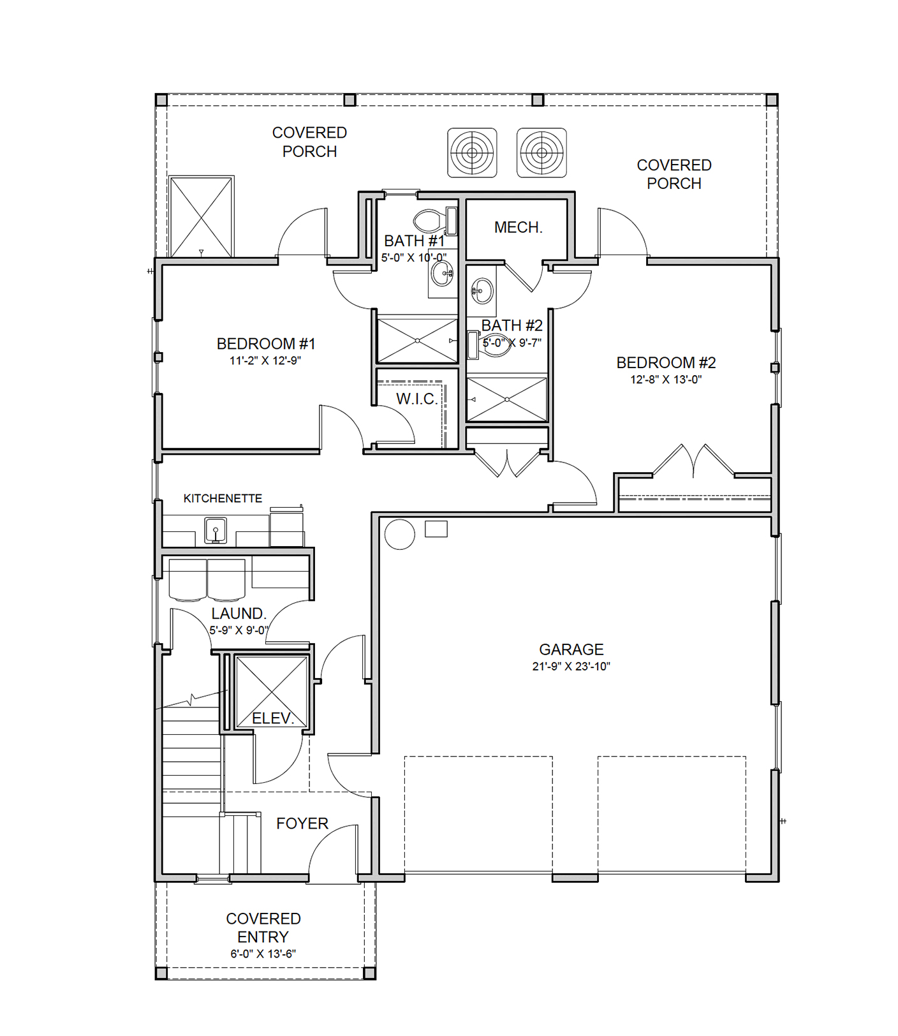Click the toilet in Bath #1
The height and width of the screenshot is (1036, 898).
pyautogui.click(x=436, y=221)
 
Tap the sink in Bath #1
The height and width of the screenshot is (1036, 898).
pyautogui.click(x=442, y=274)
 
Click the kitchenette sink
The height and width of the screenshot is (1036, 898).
pyautogui.click(x=216, y=530)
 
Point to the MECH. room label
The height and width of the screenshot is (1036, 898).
pyautogui.click(x=518, y=227)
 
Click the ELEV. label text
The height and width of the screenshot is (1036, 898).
pyautogui.click(x=273, y=718)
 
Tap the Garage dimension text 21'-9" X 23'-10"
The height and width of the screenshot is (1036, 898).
pyautogui.click(x=571, y=666)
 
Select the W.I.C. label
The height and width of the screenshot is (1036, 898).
pyautogui.click(x=417, y=399)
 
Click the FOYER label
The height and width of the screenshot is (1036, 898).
pyautogui.click(x=302, y=824)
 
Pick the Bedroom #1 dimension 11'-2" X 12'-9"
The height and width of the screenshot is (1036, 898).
pyautogui.click(x=265, y=360)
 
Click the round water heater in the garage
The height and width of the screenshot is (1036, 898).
pyautogui.click(x=399, y=534)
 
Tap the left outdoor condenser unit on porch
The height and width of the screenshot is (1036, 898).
pyautogui.click(x=472, y=152)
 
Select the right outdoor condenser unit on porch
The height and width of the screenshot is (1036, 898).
pyautogui.click(x=541, y=152)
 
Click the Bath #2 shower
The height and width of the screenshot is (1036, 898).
pyautogui.click(x=507, y=399)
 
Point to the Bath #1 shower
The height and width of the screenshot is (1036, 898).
pyautogui.click(x=417, y=341)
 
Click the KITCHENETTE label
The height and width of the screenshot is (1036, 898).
pyautogui.click(x=223, y=498)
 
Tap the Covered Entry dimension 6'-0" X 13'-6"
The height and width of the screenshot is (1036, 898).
pyautogui.click(x=263, y=954)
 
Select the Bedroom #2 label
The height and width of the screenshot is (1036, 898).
pyautogui.click(x=666, y=362)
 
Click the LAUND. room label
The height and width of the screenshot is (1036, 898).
pyautogui.click(x=239, y=614)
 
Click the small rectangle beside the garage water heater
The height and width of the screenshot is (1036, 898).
pyautogui.click(x=436, y=529)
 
